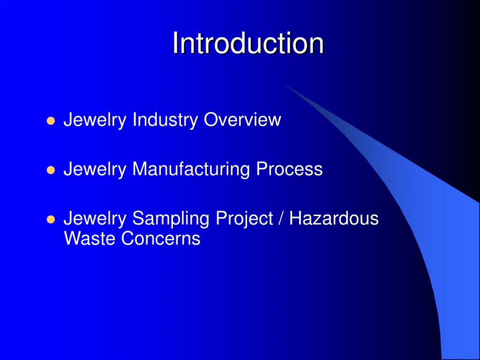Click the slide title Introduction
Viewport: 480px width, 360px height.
click(x=248, y=44)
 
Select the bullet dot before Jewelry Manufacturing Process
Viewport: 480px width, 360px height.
click(x=52, y=170)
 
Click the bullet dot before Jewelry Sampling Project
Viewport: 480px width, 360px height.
click(x=52, y=219)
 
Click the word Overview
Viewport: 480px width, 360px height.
click(x=242, y=120)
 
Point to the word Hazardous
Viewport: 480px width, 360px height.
click(x=334, y=218)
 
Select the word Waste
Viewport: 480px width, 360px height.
click(x=90, y=239)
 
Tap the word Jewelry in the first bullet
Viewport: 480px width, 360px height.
click(x=95, y=120)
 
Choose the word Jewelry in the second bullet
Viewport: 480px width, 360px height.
click(x=95, y=169)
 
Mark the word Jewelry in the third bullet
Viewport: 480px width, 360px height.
click(x=95, y=218)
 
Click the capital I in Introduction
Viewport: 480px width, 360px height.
click(x=175, y=44)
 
